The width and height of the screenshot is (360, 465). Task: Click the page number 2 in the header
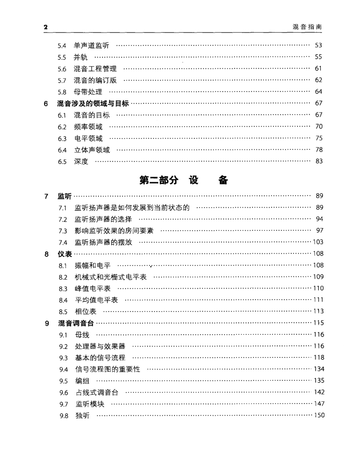coord(46,27)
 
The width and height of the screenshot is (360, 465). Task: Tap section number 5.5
coord(62,57)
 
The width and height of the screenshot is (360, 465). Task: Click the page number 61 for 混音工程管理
coord(319,69)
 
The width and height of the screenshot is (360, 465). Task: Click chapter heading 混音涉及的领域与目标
coord(93,103)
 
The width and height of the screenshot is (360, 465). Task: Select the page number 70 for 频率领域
coord(319,127)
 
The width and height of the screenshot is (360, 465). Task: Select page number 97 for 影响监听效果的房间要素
coord(319,230)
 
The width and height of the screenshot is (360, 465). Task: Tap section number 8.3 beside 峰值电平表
coord(63,288)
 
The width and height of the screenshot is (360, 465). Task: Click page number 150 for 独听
coord(319,415)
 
